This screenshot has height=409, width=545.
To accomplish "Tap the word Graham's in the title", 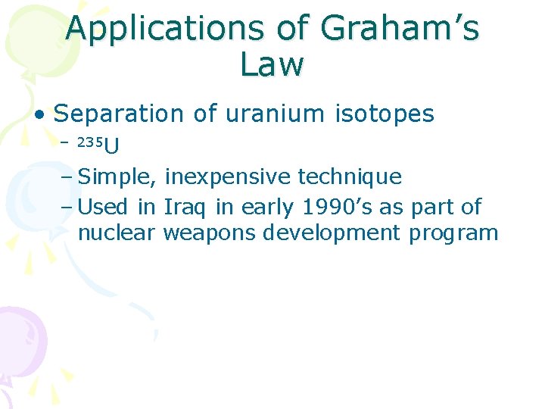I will pyautogui.click(x=400, y=30).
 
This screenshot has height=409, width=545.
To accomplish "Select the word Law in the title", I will pyautogui.click(x=272, y=64).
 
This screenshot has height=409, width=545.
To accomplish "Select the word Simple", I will pyautogui.click(x=118, y=177).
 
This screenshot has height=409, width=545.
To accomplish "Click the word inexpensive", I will pyautogui.click(x=227, y=177).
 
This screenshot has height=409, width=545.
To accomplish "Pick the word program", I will pyautogui.click(x=453, y=233).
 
